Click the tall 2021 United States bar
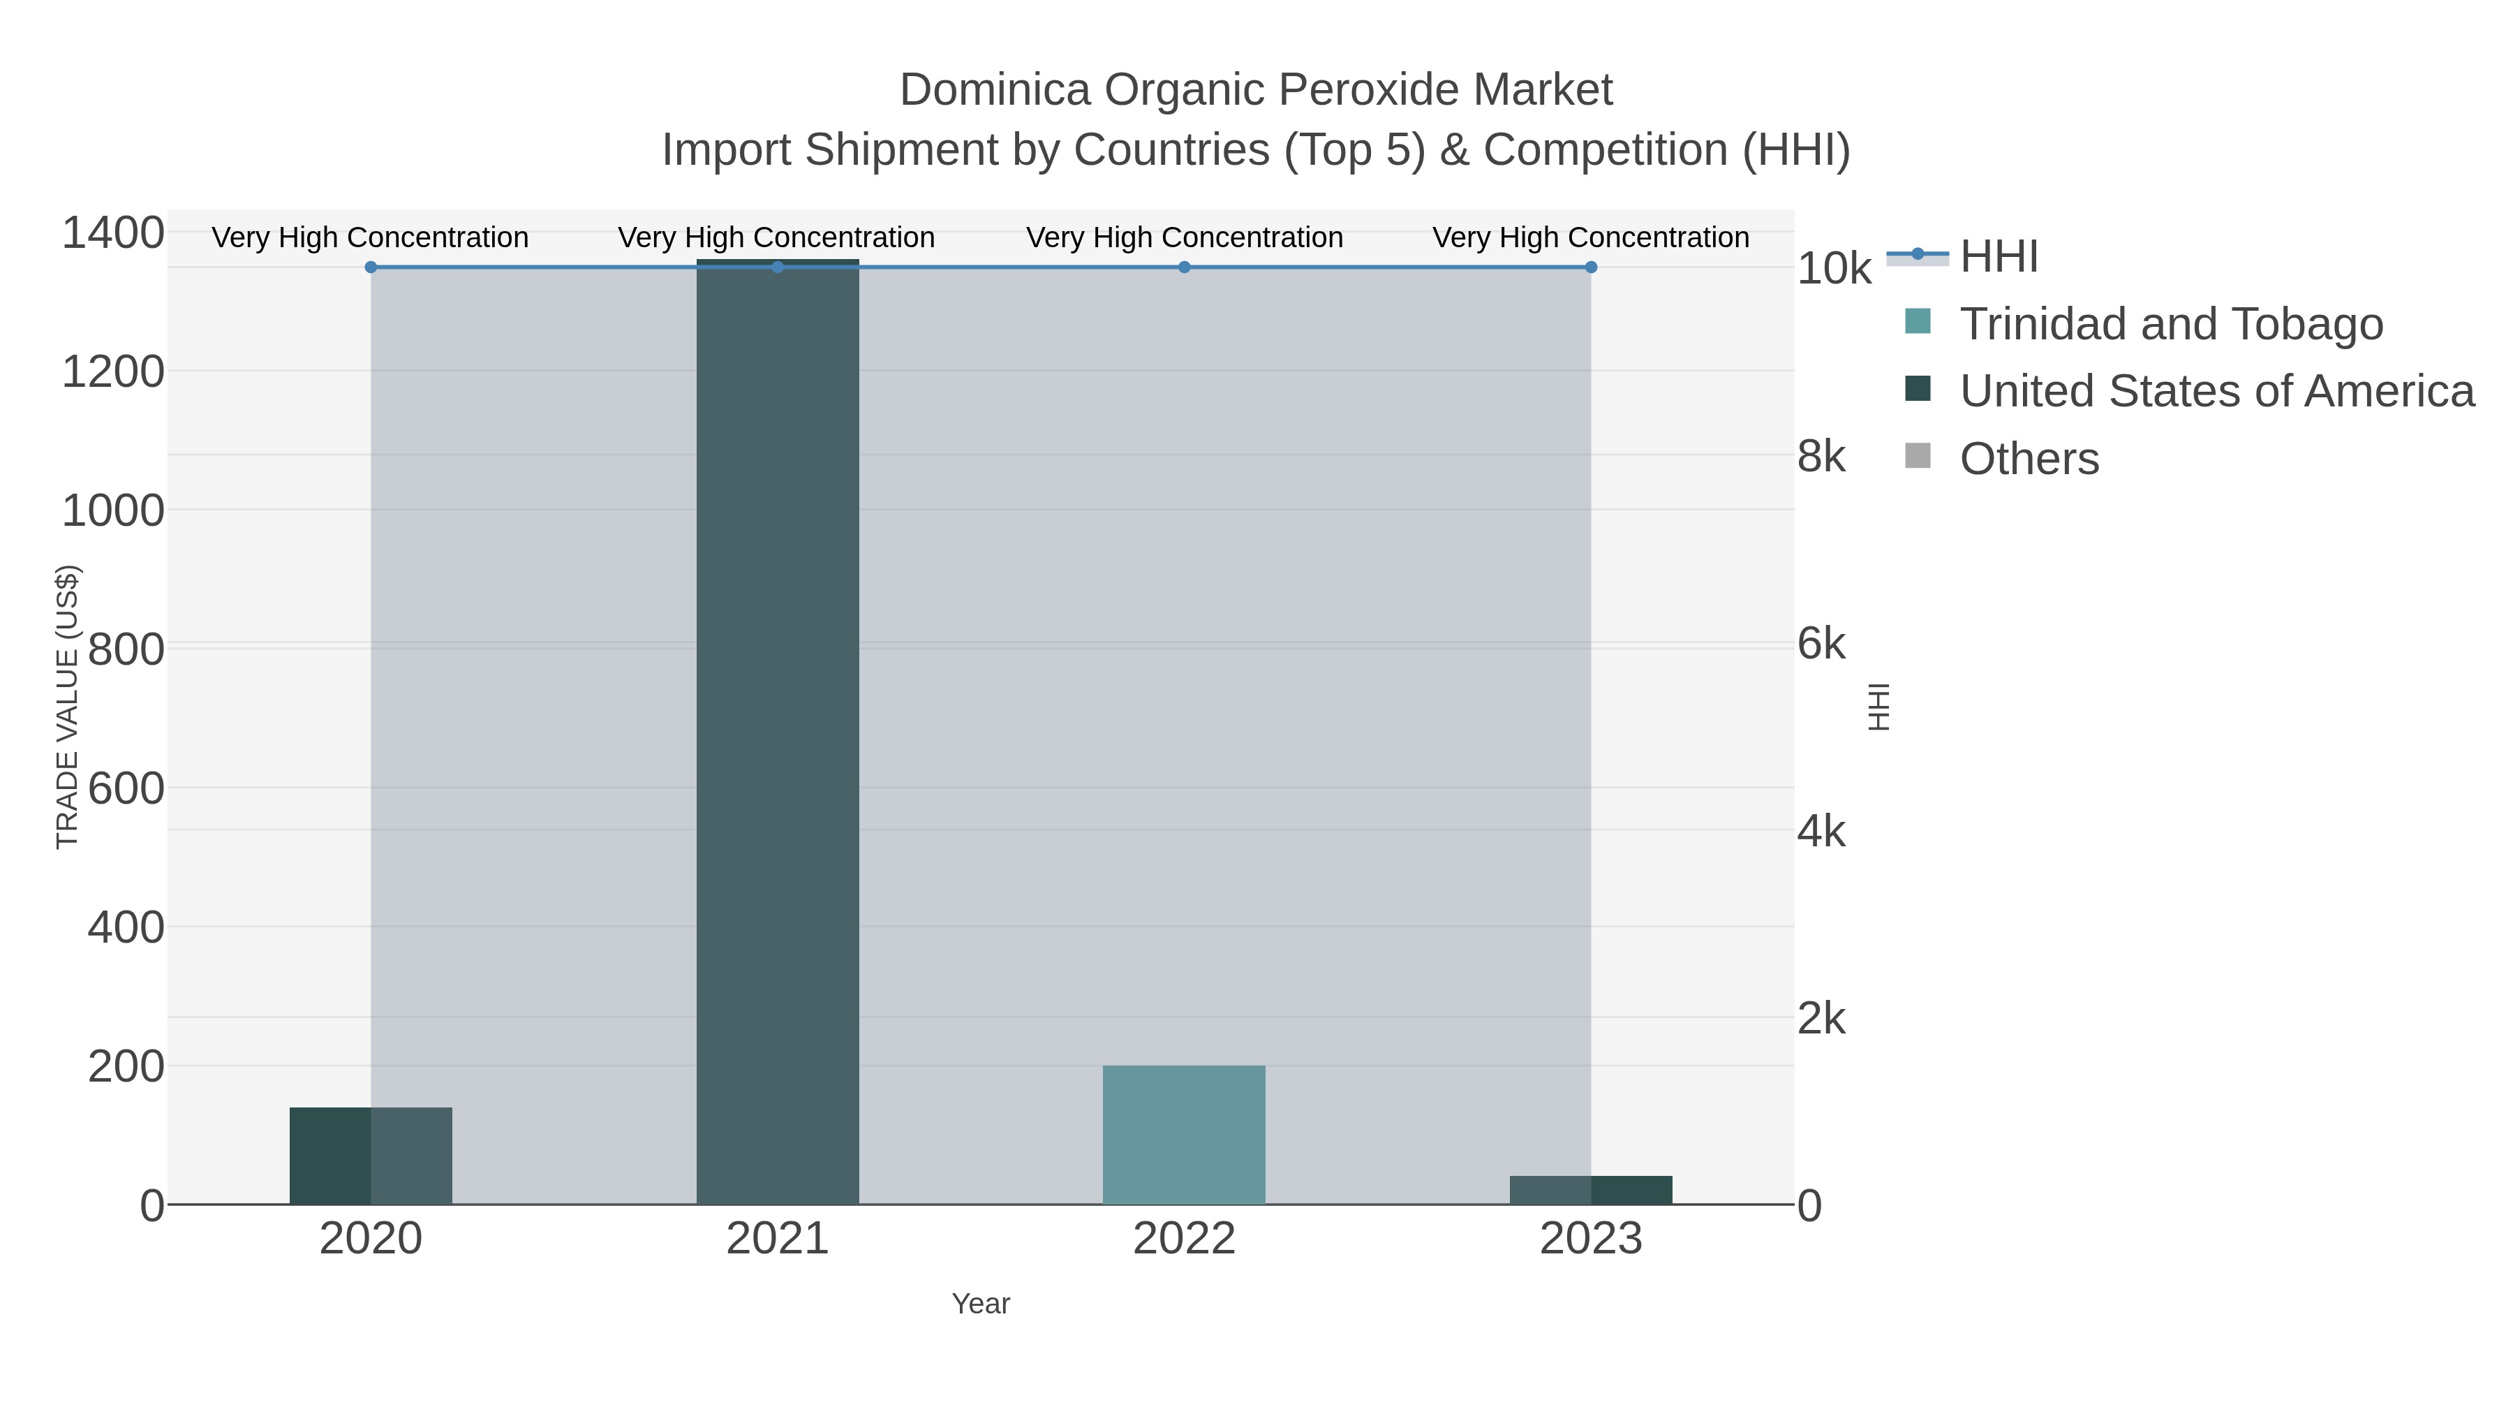click(x=778, y=732)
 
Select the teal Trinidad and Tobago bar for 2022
click(x=1183, y=1135)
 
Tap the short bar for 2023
click(x=1590, y=1190)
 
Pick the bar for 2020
click(x=371, y=1156)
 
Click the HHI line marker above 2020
click(x=371, y=267)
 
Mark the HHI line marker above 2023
click(x=1591, y=267)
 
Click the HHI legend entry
click(x=1998, y=257)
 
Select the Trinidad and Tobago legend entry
click(x=2170, y=324)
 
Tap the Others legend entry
click(x=2029, y=459)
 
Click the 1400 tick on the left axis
click(x=113, y=234)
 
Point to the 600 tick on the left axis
click(x=126, y=788)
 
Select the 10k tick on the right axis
click(x=1833, y=270)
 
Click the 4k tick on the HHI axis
click(x=1821, y=832)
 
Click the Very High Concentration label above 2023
click(x=1590, y=237)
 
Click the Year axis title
click(x=981, y=1304)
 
